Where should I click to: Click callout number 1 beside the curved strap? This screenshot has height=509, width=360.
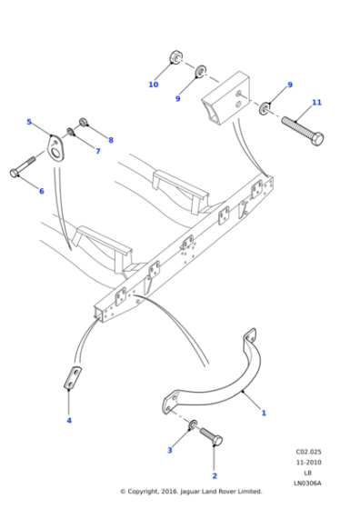pos(264,413)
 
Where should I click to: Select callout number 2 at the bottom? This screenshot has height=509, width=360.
pos(215,475)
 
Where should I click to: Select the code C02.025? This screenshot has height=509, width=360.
pos(309,451)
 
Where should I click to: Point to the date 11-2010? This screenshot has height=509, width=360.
pos(309,461)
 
